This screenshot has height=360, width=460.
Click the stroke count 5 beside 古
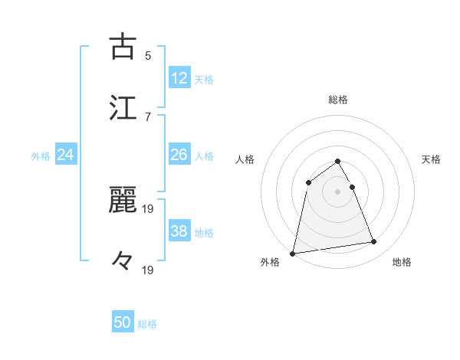click(147, 55)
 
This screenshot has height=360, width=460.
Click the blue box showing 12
click(179, 78)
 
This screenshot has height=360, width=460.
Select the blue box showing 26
click(179, 155)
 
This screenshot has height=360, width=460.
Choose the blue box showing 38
click(179, 231)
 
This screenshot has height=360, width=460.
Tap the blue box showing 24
click(65, 155)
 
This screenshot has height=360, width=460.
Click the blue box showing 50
click(123, 323)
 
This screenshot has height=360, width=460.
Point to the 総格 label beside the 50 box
click(147, 324)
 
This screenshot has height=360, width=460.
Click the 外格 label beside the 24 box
click(41, 156)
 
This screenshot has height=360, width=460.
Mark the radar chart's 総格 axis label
click(338, 100)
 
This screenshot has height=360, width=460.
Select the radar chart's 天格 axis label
click(432, 159)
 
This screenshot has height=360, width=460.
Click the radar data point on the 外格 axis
click(293, 253)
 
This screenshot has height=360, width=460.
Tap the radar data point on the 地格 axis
click(374, 242)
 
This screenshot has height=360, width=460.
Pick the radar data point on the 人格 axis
click(309, 182)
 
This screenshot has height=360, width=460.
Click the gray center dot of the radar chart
click(338, 191)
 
